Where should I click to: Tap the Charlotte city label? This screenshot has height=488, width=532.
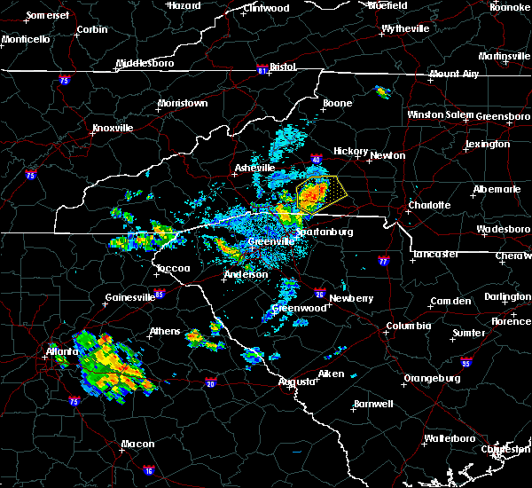coord(429,205)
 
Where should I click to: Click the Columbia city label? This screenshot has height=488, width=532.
coord(408,327)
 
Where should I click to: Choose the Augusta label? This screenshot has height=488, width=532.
coord(295,382)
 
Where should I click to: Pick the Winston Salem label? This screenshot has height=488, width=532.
coord(441,114)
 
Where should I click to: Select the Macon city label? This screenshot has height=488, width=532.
coord(137,444)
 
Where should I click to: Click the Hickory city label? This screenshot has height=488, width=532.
coord(350,151)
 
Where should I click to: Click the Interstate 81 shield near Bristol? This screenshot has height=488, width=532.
coord(262,67)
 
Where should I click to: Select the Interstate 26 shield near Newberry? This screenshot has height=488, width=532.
coord(320,291)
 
